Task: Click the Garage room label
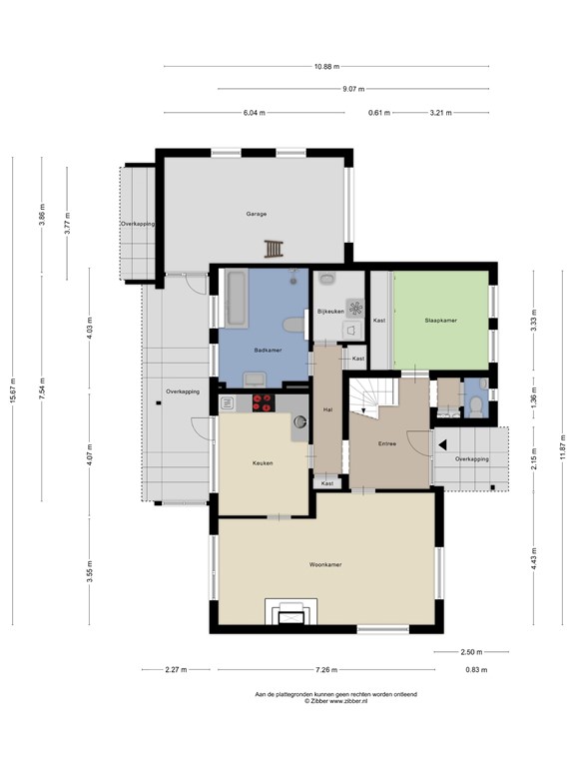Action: (257, 214)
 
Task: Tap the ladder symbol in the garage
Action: (274, 249)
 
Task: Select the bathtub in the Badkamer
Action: (236, 298)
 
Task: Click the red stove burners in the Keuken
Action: (265, 402)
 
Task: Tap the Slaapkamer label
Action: (440, 321)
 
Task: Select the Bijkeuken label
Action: (329, 312)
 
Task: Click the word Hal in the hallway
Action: (327, 410)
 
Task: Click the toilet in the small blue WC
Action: (476, 403)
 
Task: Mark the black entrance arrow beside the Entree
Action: (440, 444)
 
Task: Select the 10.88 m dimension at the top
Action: (326, 66)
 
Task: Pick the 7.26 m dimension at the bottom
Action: (326, 669)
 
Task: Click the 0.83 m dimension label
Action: (476, 669)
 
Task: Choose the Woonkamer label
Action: (325, 565)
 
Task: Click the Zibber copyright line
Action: (336, 702)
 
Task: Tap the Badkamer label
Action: (268, 351)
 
